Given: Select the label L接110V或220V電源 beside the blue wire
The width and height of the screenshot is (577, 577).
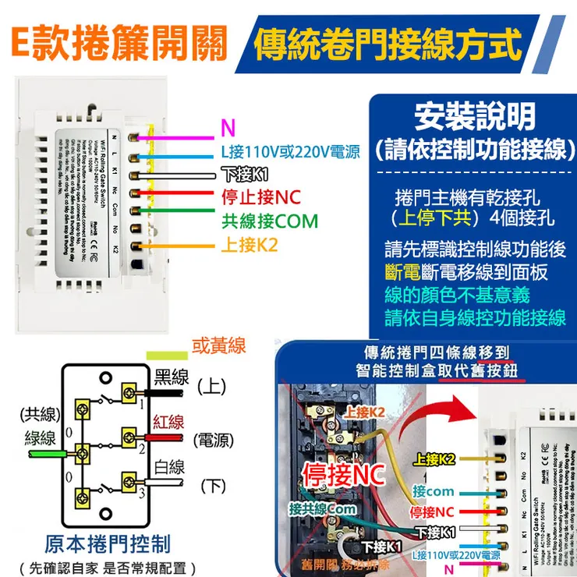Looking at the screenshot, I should click(290, 152).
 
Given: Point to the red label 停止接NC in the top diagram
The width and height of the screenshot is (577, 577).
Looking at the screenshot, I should click(261, 196).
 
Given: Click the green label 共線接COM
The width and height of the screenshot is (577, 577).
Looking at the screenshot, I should click(270, 221).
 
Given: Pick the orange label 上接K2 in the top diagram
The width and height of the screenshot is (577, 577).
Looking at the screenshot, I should click(250, 245).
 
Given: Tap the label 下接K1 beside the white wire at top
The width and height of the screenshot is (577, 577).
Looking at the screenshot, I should click(244, 174).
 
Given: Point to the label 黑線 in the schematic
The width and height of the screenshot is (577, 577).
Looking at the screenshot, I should click(172, 377).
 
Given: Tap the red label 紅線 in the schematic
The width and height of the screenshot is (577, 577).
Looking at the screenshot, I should click(168, 422).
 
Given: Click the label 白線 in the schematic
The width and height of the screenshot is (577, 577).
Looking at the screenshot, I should click(168, 467).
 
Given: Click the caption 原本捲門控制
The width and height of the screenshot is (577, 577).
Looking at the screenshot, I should click(107, 543).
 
